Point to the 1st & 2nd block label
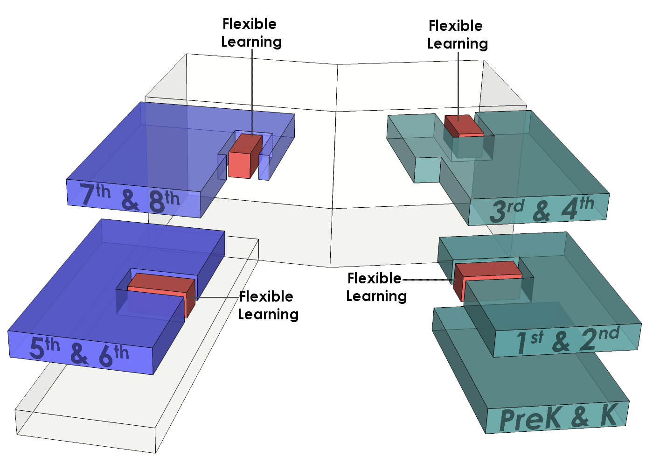pos(567,339)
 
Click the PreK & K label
pos(558,417)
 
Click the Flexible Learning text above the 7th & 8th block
pos(251,33)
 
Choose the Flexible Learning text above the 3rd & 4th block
pos(457,35)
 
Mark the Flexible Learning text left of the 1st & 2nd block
pos(376,287)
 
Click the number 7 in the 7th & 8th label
pos(87,195)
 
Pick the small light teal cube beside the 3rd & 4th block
pos(427,170)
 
